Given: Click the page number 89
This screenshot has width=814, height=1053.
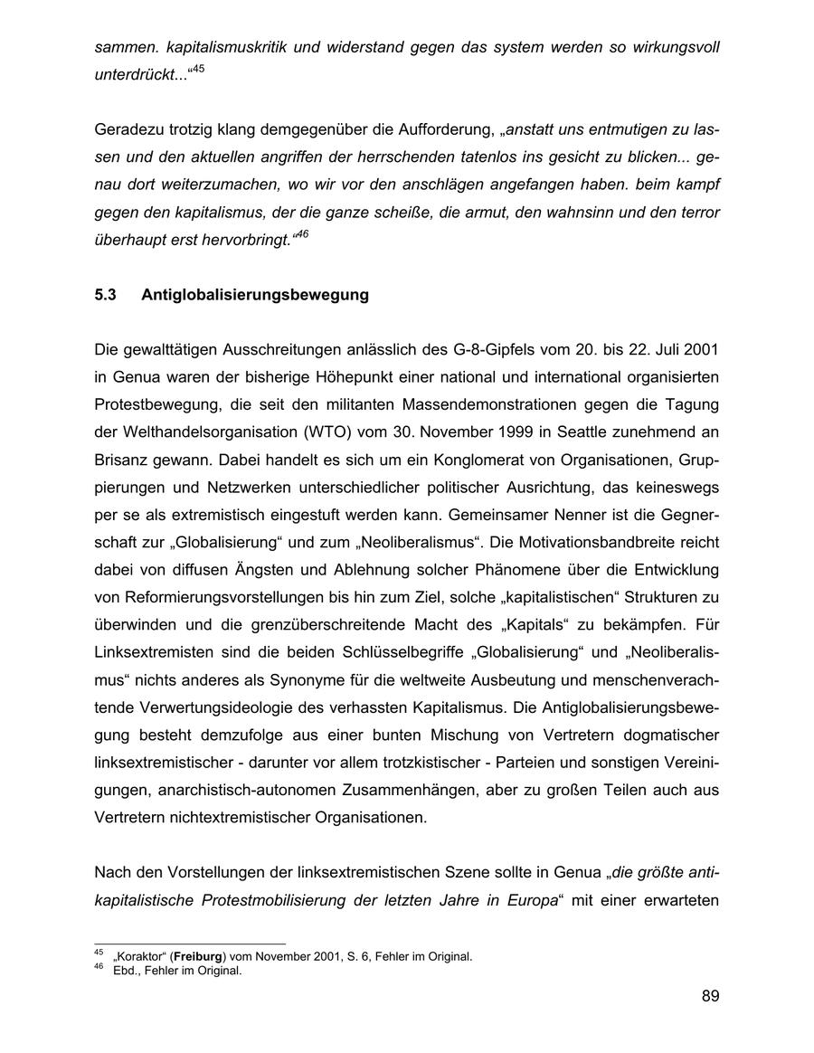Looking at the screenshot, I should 710,997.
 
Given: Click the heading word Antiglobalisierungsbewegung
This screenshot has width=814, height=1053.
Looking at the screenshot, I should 255,295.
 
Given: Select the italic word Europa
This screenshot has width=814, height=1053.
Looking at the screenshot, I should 526,901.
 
